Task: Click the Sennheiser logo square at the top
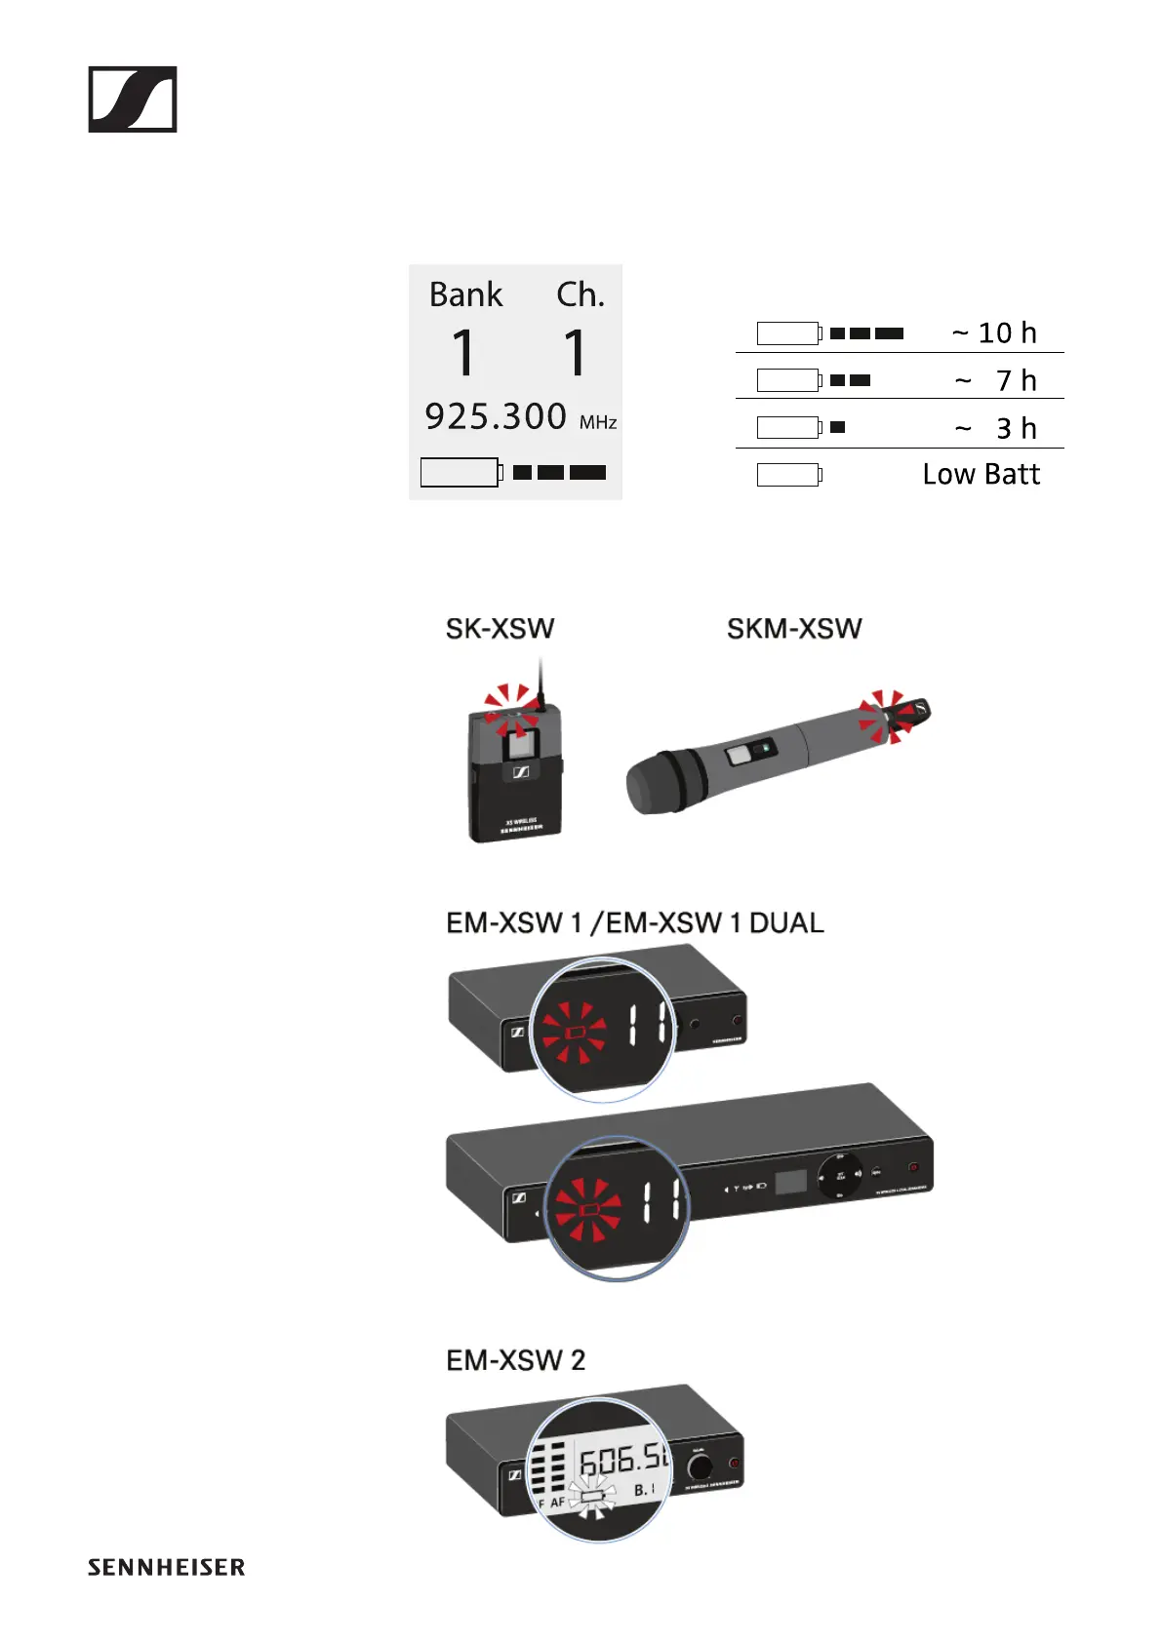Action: [133, 99]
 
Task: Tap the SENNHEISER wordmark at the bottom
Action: [166, 1568]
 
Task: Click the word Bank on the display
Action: [465, 294]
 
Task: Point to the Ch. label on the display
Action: [581, 294]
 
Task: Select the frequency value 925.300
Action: [496, 416]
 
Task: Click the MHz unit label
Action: [598, 423]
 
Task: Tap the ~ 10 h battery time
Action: [994, 333]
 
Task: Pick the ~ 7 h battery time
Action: [996, 380]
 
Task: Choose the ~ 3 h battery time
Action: [996, 428]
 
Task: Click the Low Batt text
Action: [982, 474]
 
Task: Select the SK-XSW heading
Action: [500, 629]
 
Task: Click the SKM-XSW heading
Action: [794, 629]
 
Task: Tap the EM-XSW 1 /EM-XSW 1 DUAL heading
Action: [634, 922]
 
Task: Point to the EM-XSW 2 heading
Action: [515, 1360]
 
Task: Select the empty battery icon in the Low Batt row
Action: [788, 475]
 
